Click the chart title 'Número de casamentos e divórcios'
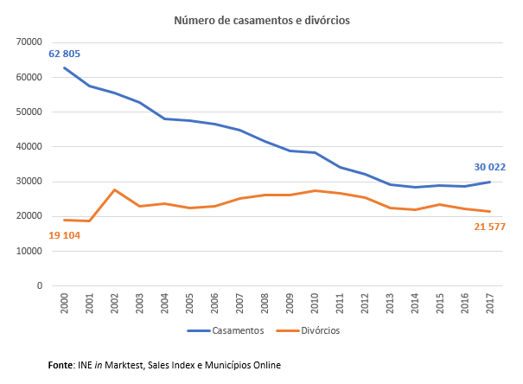click(261, 20)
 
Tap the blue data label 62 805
click(59, 54)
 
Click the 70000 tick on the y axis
click(29, 42)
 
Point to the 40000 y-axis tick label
click(29, 146)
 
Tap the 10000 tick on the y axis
click(29, 251)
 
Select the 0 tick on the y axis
click(40, 285)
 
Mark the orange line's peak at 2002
click(115, 189)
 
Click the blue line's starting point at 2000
click(65, 67)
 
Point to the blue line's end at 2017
click(490, 182)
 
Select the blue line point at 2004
click(165, 118)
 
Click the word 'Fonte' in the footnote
click(61, 365)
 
